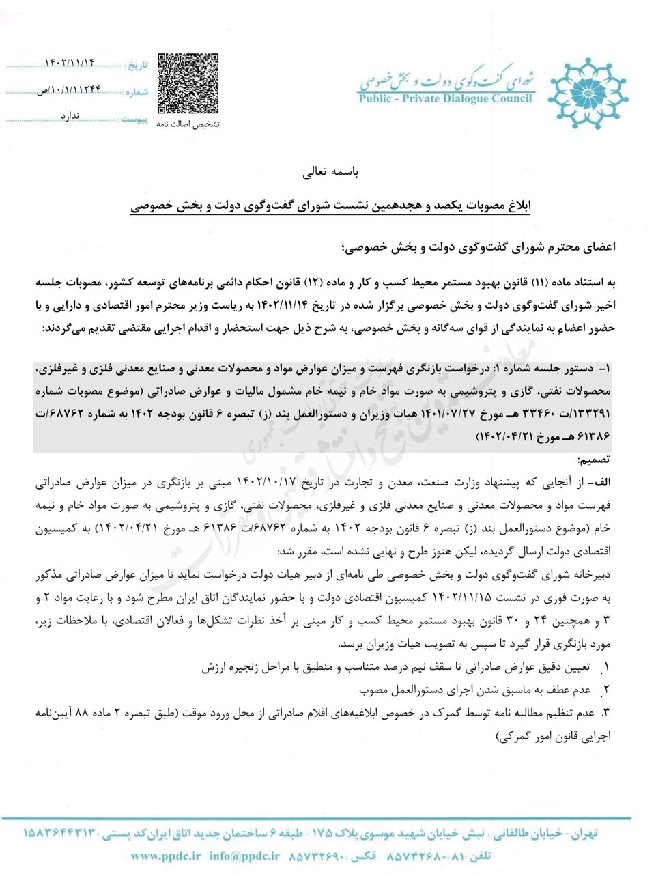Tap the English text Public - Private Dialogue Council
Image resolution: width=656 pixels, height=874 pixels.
point(445,98)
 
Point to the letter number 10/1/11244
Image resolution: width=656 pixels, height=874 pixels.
point(68,89)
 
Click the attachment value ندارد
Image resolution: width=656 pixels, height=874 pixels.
point(70,116)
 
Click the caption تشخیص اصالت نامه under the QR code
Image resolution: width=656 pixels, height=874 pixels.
point(188,124)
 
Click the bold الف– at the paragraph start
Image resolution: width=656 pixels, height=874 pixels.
point(601,482)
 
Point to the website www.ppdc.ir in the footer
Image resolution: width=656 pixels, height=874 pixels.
point(166,856)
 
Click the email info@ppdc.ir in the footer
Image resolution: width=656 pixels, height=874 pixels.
point(244,856)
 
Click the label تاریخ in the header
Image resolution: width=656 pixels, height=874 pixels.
point(137,66)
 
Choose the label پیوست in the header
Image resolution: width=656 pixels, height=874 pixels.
point(134,119)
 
